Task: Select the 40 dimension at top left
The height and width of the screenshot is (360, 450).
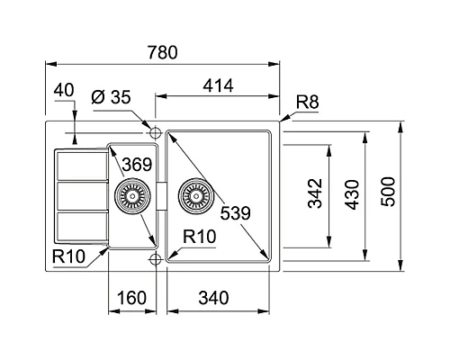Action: tap(62, 90)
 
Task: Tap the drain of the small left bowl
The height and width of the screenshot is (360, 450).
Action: tap(130, 193)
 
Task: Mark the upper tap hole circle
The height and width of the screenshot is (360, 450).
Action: tap(157, 133)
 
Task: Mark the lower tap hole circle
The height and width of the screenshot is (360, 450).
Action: tap(157, 259)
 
